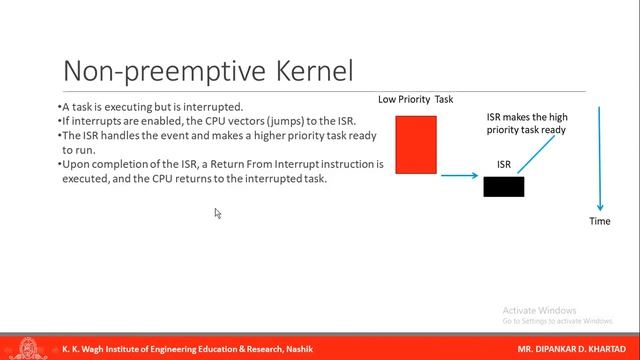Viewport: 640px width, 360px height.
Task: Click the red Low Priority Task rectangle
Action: pos(416,144)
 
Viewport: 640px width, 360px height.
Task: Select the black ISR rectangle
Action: pos(503,186)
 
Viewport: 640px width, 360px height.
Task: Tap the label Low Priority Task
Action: pos(415,99)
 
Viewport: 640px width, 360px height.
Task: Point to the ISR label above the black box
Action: pos(505,164)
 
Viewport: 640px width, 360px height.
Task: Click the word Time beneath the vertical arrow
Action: pos(599,221)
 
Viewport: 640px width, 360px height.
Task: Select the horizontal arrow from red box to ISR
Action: pos(460,176)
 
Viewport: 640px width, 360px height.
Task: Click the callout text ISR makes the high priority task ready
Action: pos(527,123)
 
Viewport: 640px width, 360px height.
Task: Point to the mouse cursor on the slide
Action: pos(217,212)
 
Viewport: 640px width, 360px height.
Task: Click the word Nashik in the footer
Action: pos(298,349)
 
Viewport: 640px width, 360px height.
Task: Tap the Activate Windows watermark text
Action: pos(540,309)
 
